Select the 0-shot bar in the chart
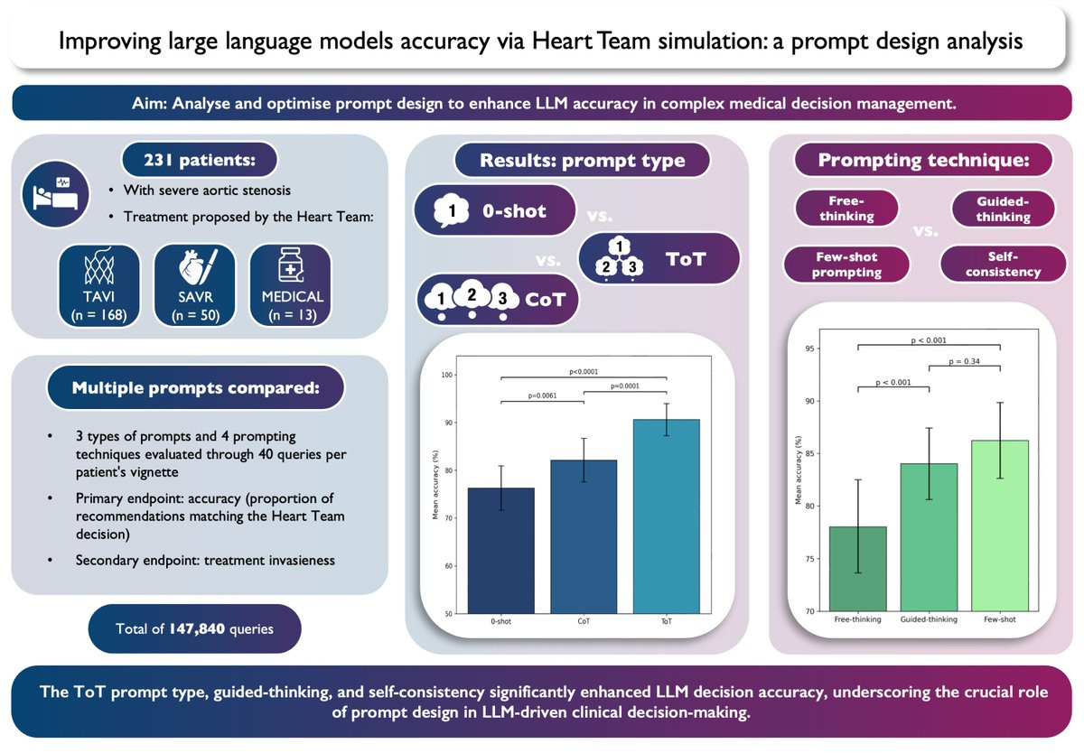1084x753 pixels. click(x=500, y=551)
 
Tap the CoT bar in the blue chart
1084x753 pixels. click(x=584, y=536)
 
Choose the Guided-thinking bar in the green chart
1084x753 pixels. click(x=929, y=537)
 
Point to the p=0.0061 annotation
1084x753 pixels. click(x=542, y=395)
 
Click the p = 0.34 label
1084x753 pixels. click(x=964, y=361)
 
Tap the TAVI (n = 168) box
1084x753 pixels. click(x=99, y=285)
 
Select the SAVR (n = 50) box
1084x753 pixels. click(x=194, y=285)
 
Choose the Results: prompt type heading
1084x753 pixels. click(x=582, y=161)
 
